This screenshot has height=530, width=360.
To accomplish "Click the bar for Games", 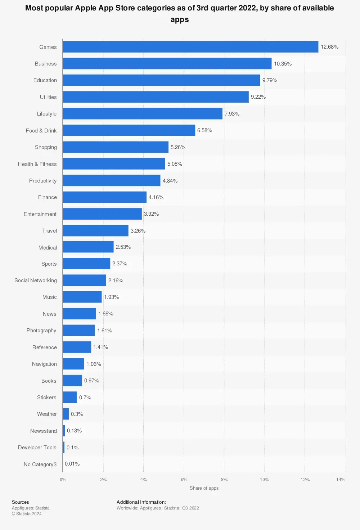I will (190, 47).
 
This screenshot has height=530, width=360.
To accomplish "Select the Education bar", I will (161, 80).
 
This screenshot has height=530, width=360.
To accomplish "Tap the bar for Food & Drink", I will (129, 130).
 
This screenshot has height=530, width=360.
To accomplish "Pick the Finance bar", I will (104, 197).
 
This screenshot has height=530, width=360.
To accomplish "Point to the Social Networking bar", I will (84, 280).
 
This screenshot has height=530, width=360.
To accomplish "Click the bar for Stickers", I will (70, 397).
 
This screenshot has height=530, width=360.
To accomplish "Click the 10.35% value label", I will (283, 64).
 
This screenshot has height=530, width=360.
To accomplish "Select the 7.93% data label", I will (232, 114).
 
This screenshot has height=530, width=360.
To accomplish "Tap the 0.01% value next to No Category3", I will (72, 464).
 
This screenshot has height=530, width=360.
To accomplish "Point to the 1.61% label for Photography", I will (104, 331).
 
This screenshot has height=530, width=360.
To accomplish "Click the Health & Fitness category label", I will (37, 164).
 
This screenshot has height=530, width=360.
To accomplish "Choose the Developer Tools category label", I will (37, 448).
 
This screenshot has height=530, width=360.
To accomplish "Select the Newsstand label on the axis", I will (44, 431).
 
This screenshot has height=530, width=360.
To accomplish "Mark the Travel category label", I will (49, 231).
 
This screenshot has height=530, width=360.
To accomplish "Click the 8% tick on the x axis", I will (224, 480).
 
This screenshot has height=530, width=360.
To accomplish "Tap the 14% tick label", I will (341, 480).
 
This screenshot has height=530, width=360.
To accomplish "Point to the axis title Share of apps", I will (204, 488).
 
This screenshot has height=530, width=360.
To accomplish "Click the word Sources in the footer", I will (21, 502).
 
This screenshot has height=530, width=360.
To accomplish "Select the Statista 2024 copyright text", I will (27, 514).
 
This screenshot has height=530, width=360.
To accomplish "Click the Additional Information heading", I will (141, 502).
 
